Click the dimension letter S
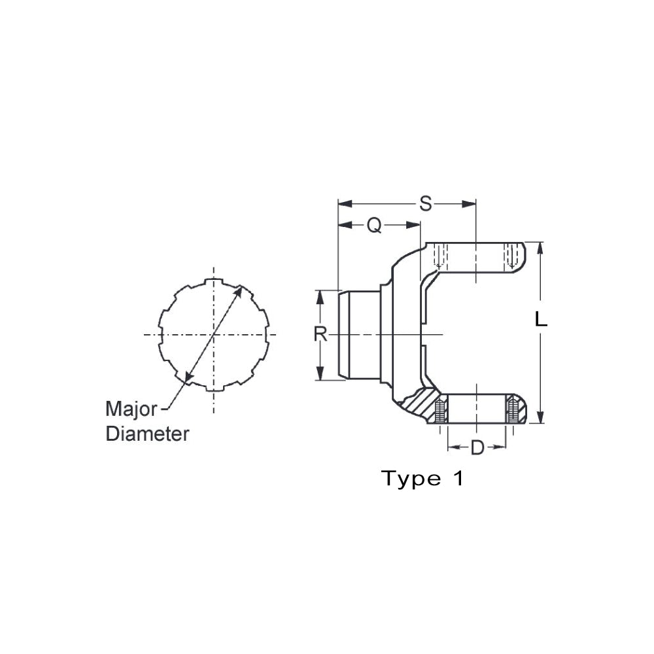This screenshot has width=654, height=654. tap(426, 204)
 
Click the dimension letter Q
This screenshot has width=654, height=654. tap(373, 225)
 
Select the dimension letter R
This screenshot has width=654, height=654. tap(320, 334)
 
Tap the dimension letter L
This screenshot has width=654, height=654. tap(541, 320)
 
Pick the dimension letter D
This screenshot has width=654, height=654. tap(477, 448)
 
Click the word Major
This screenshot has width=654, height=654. tap(131, 409)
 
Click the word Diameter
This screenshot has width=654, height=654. tap(147, 433)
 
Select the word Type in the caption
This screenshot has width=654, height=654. tap(411, 479)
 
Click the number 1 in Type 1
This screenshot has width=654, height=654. tap(457, 479)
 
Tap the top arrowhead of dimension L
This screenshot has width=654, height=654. tap(540, 247)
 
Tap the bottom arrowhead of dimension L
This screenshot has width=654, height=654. tap(540, 419)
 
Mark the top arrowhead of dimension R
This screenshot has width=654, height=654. tap(320, 296)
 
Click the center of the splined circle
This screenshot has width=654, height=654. tap(213, 334)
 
